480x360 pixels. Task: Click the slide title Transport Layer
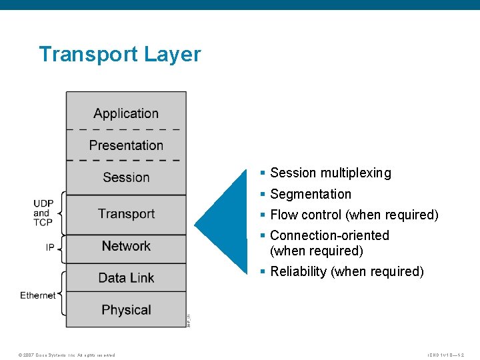(x=119, y=54)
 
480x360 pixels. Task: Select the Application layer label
(x=126, y=113)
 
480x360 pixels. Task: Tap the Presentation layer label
(x=126, y=145)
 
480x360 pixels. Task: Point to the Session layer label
(x=126, y=177)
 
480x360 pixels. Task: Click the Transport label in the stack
(x=126, y=213)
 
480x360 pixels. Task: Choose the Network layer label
(x=126, y=246)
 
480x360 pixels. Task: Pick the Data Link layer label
(x=126, y=278)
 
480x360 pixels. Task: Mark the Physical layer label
(x=126, y=310)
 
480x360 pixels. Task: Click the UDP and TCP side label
(x=43, y=213)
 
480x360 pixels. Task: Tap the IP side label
(x=50, y=247)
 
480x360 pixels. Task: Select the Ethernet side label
(x=38, y=295)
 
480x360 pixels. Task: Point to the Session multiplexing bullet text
(x=330, y=173)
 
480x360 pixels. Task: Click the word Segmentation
(x=311, y=194)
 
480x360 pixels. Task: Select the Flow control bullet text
(x=354, y=215)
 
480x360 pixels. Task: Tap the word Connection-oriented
(x=329, y=235)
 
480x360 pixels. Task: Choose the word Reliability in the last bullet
(x=298, y=271)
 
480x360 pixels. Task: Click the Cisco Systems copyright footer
(x=67, y=355)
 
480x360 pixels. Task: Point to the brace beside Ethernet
(x=63, y=293)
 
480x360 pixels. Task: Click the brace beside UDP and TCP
(x=63, y=213)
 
